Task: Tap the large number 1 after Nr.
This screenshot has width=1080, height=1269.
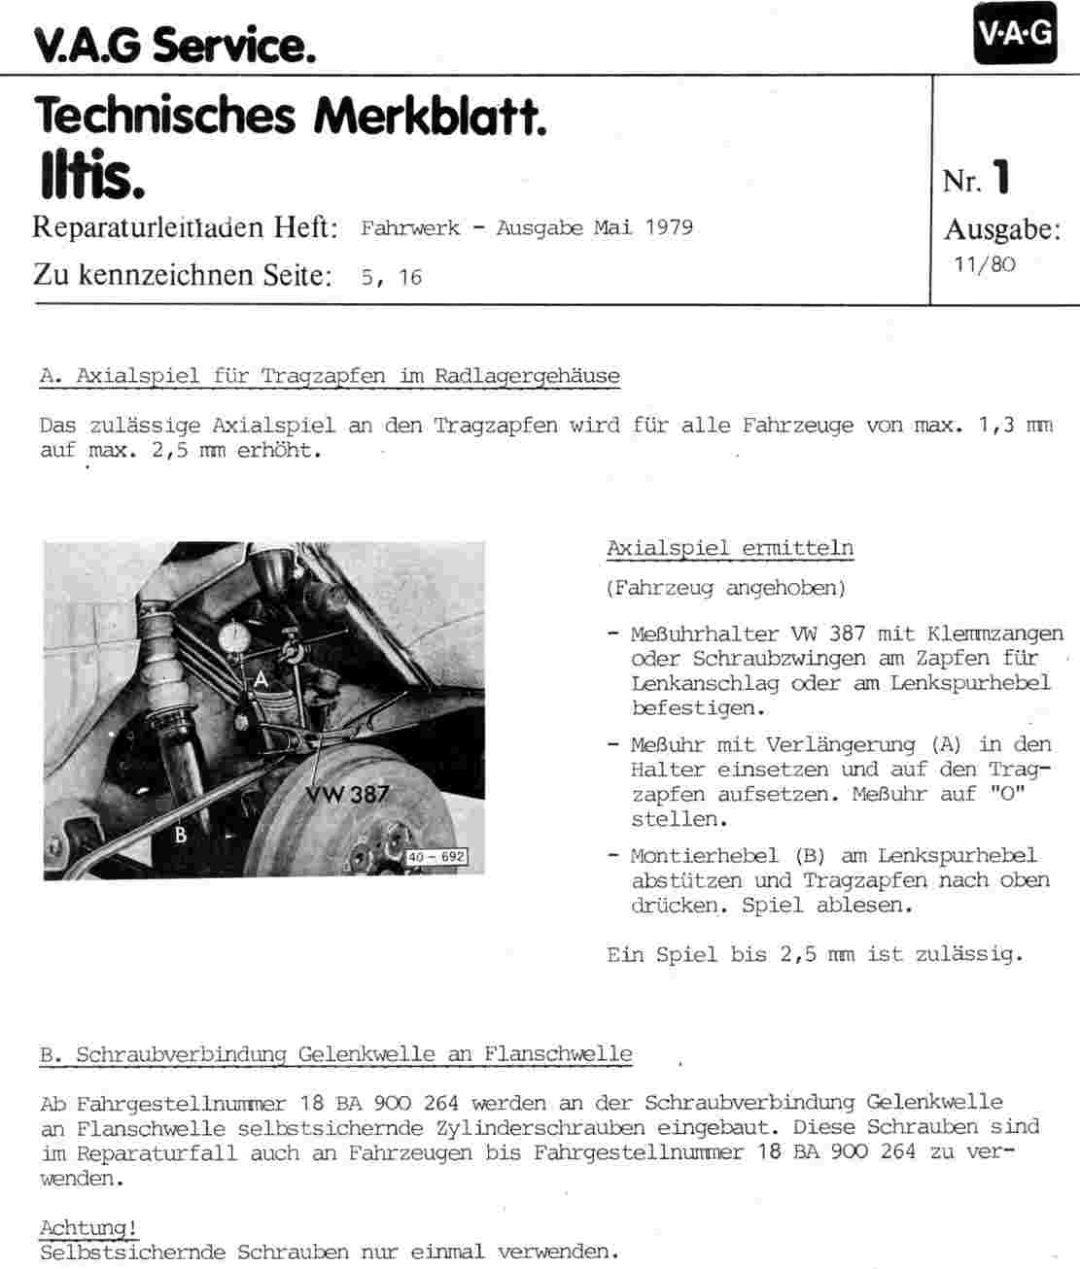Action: [x=1001, y=178]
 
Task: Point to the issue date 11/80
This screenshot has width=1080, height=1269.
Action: [x=985, y=264]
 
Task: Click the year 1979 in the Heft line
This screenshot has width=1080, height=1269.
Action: [x=669, y=228]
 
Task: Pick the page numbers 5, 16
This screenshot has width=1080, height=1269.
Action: [x=391, y=277]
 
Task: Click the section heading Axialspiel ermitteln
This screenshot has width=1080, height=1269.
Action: [x=729, y=548]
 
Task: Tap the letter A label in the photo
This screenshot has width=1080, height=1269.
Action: [x=261, y=680]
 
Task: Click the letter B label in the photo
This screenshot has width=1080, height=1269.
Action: [x=180, y=833]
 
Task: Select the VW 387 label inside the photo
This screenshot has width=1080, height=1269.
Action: [x=347, y=794]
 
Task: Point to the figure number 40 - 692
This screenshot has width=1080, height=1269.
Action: [x=436, y=857]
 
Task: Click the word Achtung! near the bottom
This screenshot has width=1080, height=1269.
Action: [x=87, y=1228]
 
